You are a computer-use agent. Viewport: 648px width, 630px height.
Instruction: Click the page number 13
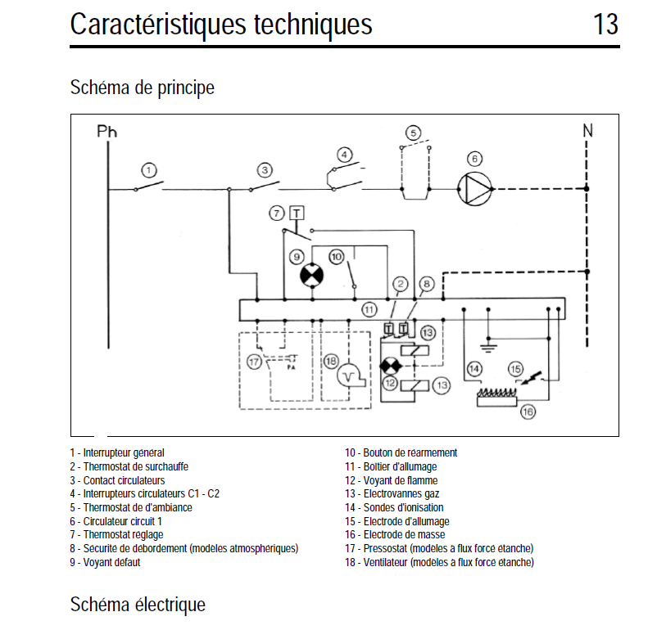(605, 25)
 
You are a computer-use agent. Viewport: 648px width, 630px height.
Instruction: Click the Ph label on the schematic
(107, 131)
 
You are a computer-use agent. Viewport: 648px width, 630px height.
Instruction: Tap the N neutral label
(587, 130)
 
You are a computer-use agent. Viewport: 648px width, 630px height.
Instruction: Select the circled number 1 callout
(148, 170)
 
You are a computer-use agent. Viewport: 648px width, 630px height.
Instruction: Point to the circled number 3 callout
(265, 170)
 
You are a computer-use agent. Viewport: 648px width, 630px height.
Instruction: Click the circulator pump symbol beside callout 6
(475, 188)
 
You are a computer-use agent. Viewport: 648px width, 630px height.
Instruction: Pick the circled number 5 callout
(414, 133)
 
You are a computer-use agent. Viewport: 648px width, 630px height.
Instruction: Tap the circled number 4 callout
(345, 154)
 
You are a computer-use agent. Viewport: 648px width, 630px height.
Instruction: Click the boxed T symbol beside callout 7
(296, 213)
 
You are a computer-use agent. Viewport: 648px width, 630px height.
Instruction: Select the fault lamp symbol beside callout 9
(311, 276)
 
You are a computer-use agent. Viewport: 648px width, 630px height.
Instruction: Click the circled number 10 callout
(336, 257)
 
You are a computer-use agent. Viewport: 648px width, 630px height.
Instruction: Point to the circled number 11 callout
(369, 309)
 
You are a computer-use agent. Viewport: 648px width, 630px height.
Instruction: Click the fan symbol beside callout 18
(353, 376)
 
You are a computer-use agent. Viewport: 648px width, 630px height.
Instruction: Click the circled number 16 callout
(528, 412)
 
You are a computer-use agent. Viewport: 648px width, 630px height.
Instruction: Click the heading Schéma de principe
(143, 87)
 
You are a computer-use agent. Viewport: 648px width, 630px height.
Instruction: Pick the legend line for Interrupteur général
(117, 452)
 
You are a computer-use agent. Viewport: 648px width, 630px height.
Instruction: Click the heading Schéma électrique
(138, 605)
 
